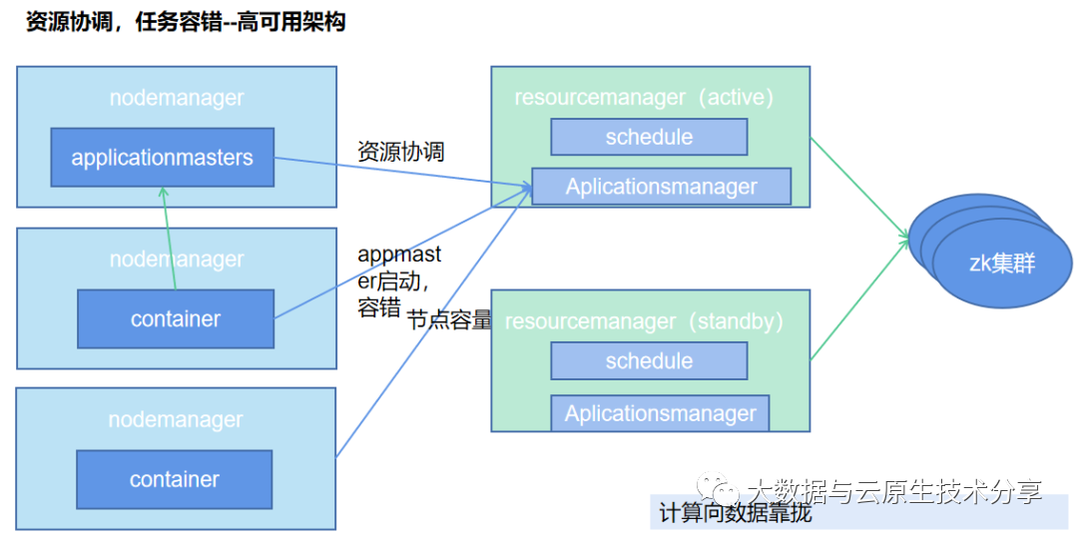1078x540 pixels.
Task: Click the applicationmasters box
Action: click(x=163, y=158)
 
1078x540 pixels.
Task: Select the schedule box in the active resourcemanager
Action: click(x=649, y=137)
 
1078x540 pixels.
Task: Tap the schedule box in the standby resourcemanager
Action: click(x=649, y=361)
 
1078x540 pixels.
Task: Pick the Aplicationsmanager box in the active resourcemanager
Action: click(x=661, y=187)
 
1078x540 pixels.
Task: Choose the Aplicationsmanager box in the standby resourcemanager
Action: click(x=660, y=413)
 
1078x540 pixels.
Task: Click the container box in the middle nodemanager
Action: click(x=176, y=319)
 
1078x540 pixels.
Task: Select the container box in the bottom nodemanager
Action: click(x=175, y=479)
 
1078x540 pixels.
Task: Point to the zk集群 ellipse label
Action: click(x=1001, y=265)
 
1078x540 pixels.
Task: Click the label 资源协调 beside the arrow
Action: click(x=400, y=152)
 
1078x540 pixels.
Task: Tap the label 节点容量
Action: click(x=449, y=320)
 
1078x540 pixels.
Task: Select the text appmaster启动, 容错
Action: click(x=399, y=281)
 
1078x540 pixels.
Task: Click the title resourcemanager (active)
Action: click(x=644, y=98)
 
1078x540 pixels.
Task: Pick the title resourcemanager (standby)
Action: click(x=644, y=321)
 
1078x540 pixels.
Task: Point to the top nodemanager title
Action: click(x=177, y=98)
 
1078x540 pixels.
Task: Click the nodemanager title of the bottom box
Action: click(x=176, y=419)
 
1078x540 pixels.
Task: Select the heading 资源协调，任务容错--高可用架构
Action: click(x=186, y=22)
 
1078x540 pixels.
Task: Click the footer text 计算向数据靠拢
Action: click(x=735, y=514)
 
